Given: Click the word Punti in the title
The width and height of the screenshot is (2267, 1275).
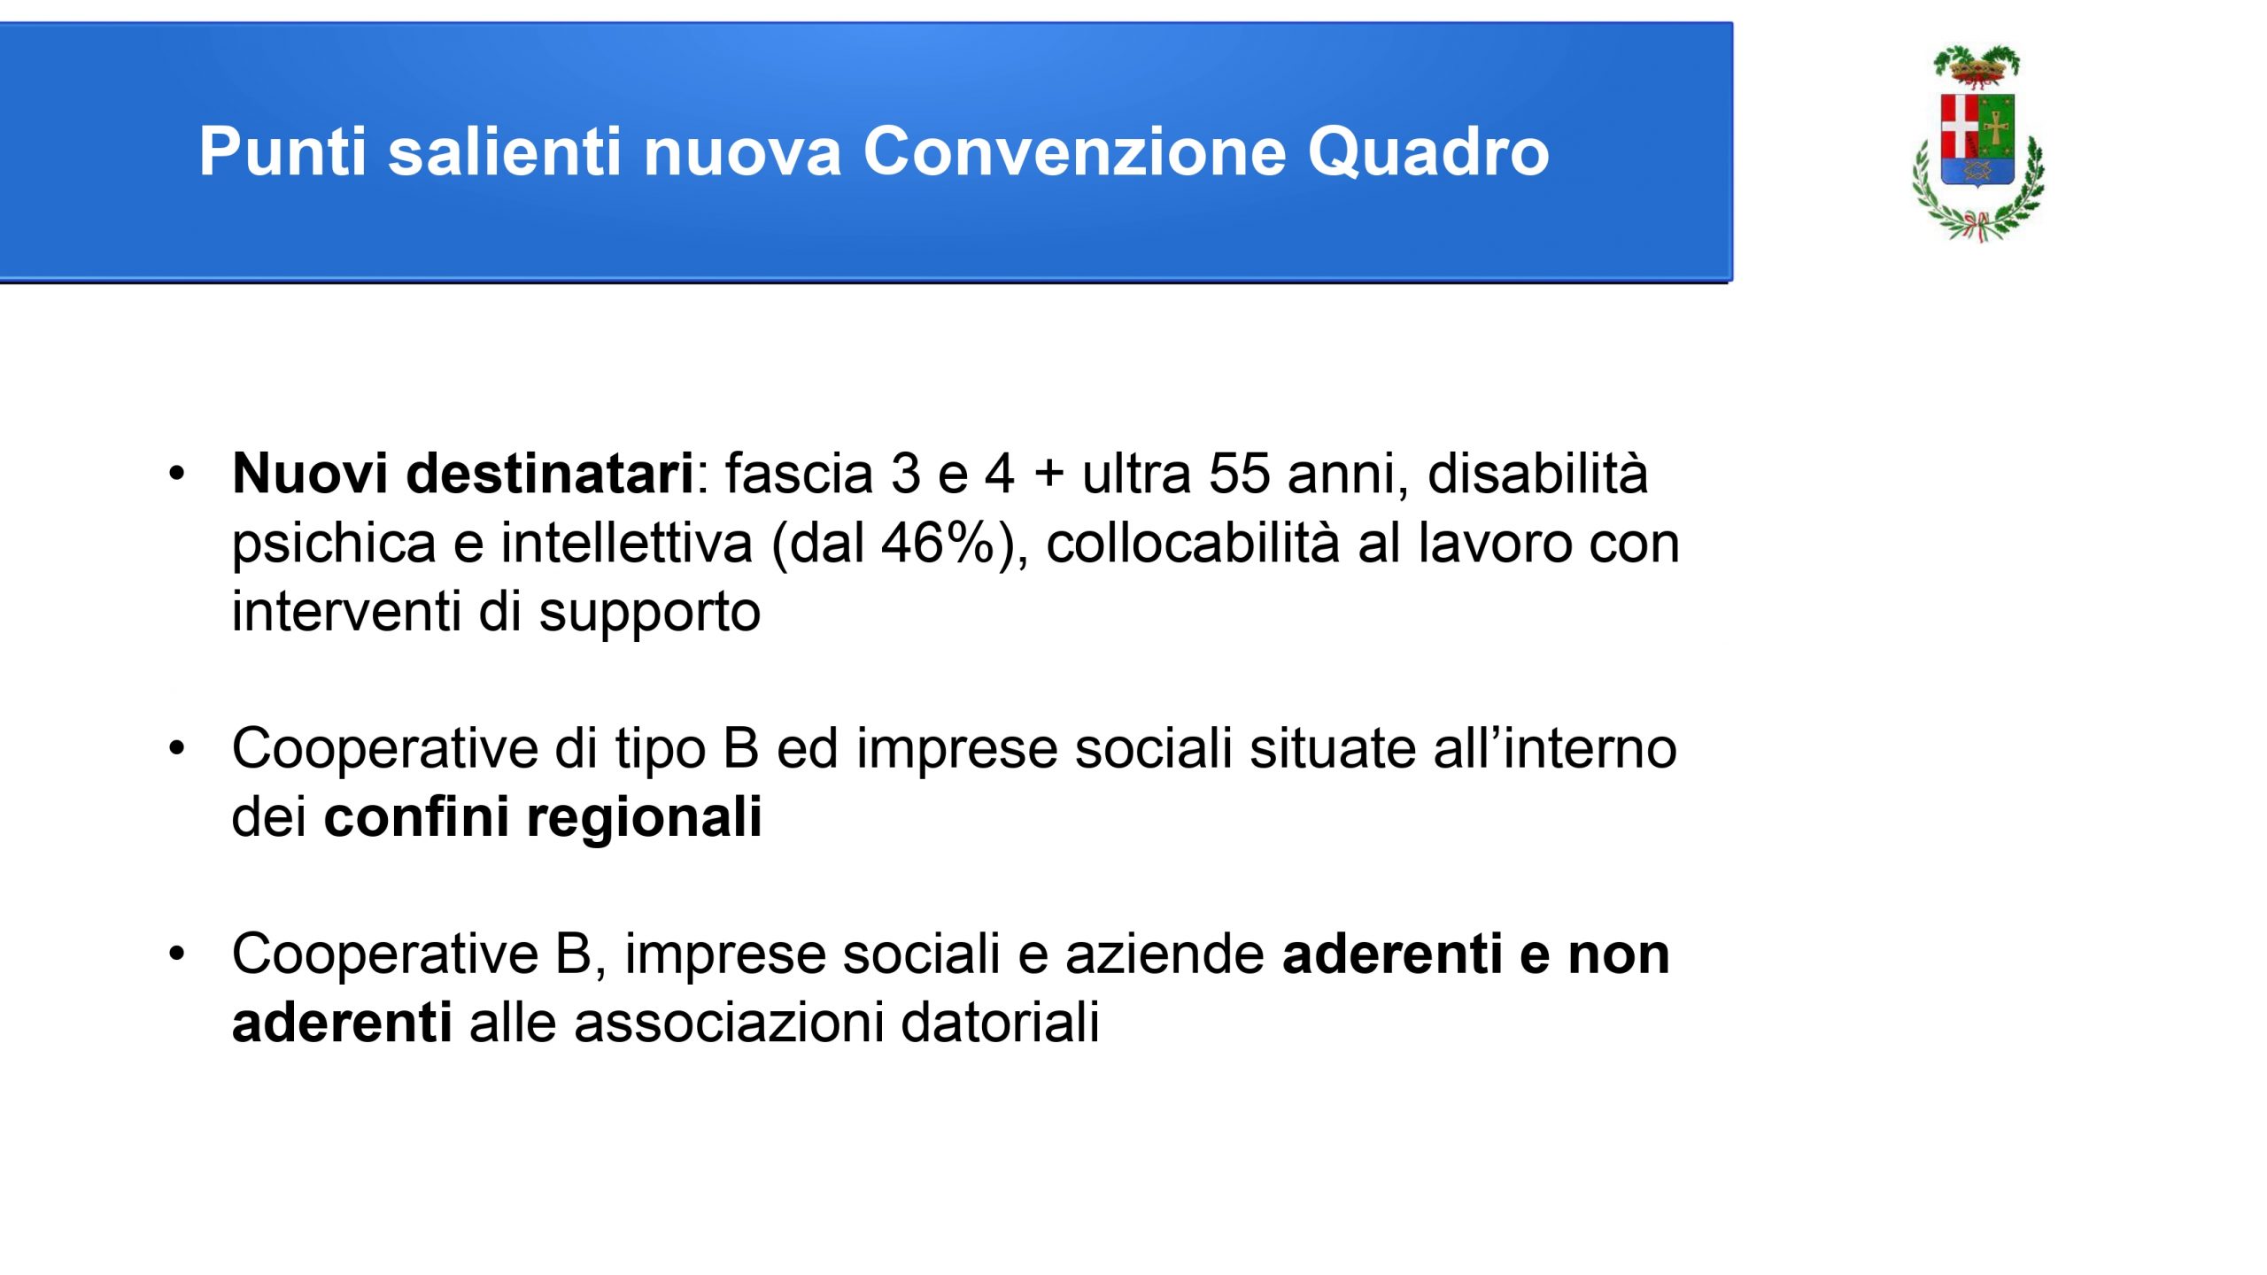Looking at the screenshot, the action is tap(282, 151).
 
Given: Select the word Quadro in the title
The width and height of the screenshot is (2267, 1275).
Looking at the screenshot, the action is tap(1428, 151).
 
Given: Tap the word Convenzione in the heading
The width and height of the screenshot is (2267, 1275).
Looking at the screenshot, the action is tap(1072, 151).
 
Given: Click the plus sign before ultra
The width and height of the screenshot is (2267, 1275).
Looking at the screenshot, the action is tap(1048, 474).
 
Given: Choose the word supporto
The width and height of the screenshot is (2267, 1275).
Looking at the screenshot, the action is tap(650, 614).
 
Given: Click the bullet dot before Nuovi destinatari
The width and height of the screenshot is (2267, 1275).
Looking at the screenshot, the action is tap(177, 474).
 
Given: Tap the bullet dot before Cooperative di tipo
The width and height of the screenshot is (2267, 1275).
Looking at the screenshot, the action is tap(177, 748).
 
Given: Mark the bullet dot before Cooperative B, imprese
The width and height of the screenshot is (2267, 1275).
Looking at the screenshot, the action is tap(177, 954).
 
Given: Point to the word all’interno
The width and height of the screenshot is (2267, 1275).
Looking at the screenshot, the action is tap(1554, 747).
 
